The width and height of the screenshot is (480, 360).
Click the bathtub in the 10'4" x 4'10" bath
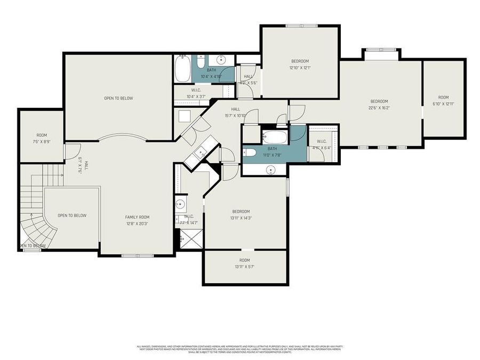(182, 68)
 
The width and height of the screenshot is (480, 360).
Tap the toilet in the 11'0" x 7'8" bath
(250, 153)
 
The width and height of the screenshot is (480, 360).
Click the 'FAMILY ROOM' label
(137, 217)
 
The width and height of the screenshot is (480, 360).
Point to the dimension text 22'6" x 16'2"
(380, 108)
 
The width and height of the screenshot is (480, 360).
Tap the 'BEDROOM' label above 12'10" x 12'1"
(300, 61)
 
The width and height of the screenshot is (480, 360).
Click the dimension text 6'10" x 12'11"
(443, 104)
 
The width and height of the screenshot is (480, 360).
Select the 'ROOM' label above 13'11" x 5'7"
(245, 260)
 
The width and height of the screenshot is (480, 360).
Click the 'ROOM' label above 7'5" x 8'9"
(42, 135)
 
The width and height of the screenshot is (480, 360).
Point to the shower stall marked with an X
(188, 239)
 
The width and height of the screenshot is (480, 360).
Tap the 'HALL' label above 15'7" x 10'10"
(235, 109)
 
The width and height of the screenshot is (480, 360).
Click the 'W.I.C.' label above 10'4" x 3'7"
(196, 90)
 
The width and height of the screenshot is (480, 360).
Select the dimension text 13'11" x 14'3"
(241, 218)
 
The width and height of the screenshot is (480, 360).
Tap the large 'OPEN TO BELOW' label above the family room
(118, 98)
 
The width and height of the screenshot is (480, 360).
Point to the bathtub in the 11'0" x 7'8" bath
(275, 137)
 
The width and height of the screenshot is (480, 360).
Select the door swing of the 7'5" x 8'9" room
(69, 151)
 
